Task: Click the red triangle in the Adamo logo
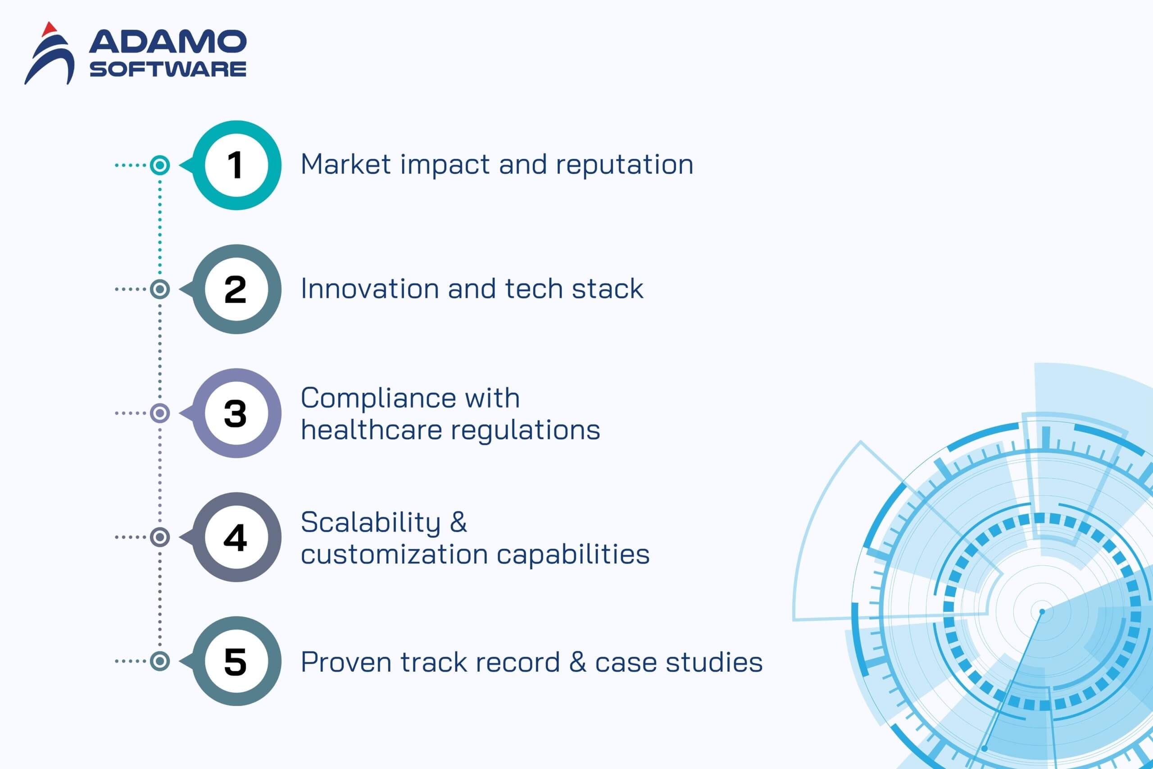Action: [x=50, y=29]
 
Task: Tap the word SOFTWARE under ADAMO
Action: [x=168, y=69]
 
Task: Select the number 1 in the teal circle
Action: [x=235, y=165]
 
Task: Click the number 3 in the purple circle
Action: [x=235, y=413]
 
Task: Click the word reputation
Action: [x=625, y=166]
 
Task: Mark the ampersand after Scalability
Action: [x=458, y=522]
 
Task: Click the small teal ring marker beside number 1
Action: [x=160, y=165]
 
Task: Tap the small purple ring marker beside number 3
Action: [x=160, y=413]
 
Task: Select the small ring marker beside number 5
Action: [x=160, y=661]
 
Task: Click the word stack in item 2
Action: [x=608, y=288]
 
